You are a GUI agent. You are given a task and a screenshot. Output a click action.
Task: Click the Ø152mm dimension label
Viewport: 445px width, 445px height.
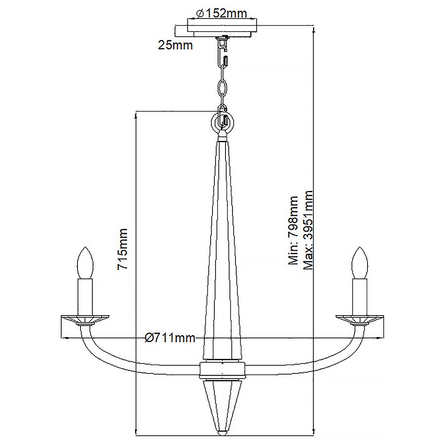[x=222, y=13]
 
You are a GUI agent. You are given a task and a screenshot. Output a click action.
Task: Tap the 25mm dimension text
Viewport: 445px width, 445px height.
[x=175, y=45]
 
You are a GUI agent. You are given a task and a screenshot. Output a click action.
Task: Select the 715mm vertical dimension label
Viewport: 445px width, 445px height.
[x=122, y=249]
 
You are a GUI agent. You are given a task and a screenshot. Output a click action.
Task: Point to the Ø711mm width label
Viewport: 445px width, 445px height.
[x=170, y=338]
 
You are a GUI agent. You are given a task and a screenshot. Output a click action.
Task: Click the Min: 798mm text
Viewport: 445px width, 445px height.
[x=294, y=230]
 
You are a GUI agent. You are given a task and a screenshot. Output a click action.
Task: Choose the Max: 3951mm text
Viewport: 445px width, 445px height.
[x=308, y=230]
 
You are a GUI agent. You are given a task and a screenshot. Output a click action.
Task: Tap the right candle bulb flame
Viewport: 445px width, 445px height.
[x=360, y=262]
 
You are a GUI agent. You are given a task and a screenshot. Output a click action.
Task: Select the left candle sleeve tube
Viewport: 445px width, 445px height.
[x=85, y=296]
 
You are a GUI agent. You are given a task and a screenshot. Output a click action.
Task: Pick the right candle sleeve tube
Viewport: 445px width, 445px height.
[x=360, y=296]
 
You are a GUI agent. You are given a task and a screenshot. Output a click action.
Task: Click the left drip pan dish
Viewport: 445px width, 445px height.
[x=85, y=318]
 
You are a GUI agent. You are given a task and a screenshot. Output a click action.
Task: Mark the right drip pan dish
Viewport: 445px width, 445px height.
[x=360, y=318]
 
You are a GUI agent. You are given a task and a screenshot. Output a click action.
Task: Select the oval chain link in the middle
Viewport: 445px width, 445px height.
[x=222, y=89]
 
